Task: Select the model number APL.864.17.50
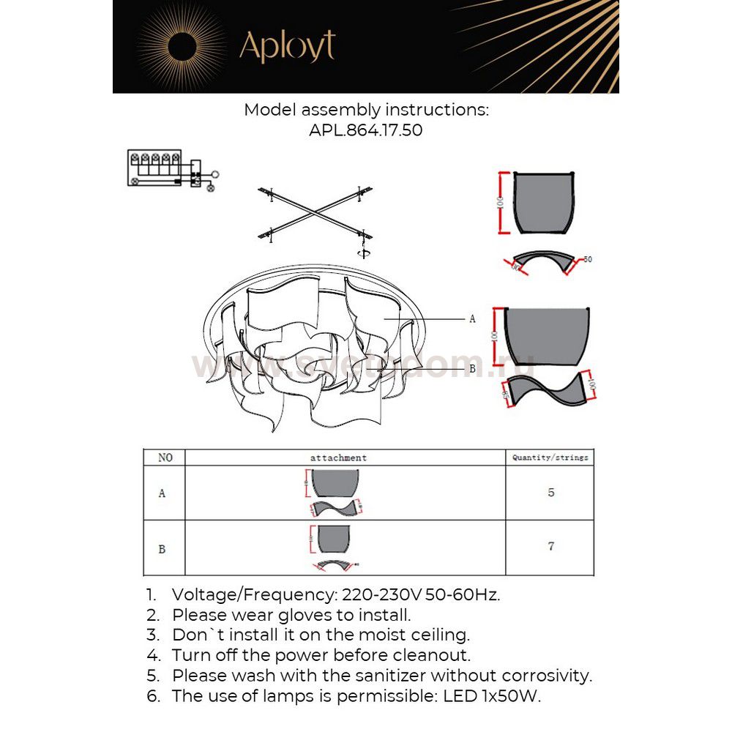(x=366, y=131)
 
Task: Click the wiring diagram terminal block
(x=154, y=168)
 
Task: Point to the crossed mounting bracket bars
(x=315, y=213)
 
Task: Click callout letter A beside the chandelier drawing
(x=472, y=318)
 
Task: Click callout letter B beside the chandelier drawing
(x=472, y=369)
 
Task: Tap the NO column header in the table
(x=165, y=457)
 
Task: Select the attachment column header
(x=338, y=457)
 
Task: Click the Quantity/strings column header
(x=550, y=457)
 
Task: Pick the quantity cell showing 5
(x=550, y=493)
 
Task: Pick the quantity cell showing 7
(x=550, y=546)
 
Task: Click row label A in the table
(x=162, y=493)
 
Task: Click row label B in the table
(x=162, y=548)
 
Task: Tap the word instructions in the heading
(x=436, y=110)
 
